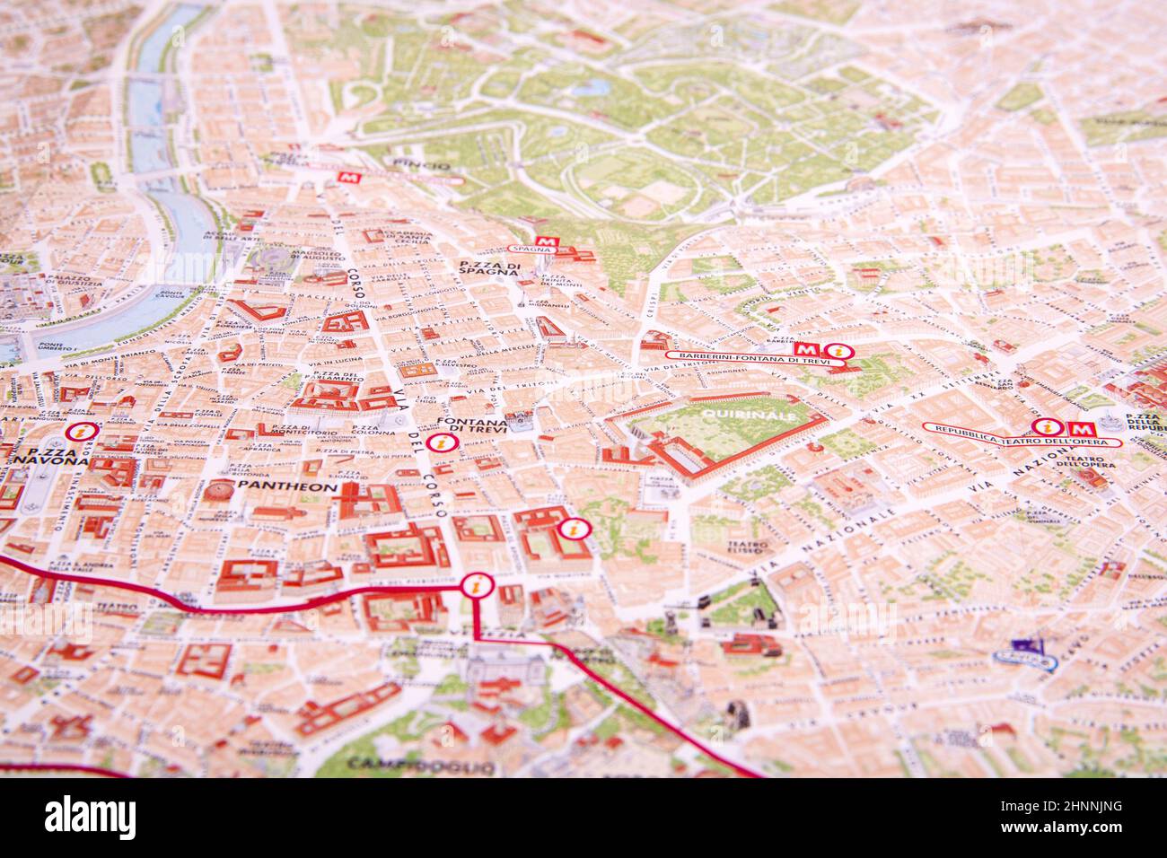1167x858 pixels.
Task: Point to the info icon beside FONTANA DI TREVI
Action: coord(439,443)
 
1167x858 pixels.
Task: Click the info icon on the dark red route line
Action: coord(474,587)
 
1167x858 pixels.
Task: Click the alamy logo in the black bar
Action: coord(91,818)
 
